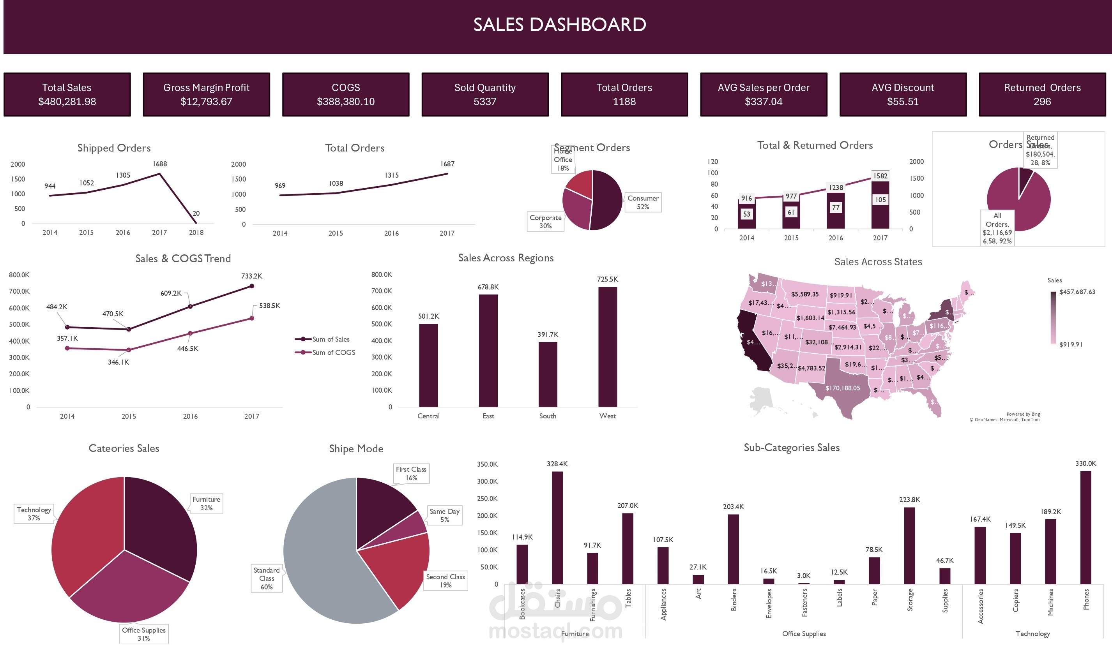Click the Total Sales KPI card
pyautogui.click(x=67, y=95)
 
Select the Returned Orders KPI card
pyautogui.click(x=1042, y=95)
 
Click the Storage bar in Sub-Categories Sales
pyautogui.click(x=909, y=545)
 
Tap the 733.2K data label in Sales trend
pyautogui.click(x=251, y=276)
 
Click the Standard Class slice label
pyautogui.click(x=267, y=578)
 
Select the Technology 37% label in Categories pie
pyautogui.click(x=34, y=514)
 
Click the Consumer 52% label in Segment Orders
pyautogui.click(x=642, y=203)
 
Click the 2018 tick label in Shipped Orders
pyautogui.click(x=196, y=233)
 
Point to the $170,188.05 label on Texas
pyautogui.click(x=842, y=388)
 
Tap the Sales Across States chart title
pyautogui.click(x=878, y=262)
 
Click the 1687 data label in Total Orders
pyautogui.click(x=447, y=164)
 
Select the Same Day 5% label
pyautogui.click(x=444, y=515)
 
